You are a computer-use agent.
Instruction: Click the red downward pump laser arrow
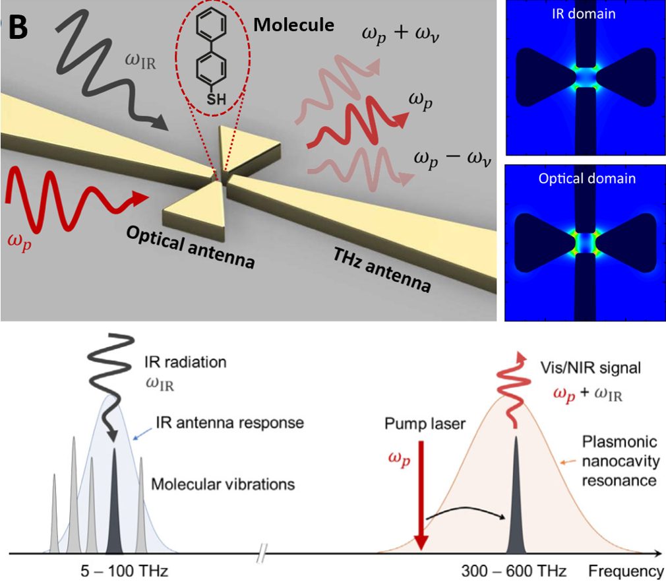point(422,495)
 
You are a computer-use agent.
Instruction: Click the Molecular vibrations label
point(223,484)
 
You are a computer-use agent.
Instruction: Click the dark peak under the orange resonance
point(515,502)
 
